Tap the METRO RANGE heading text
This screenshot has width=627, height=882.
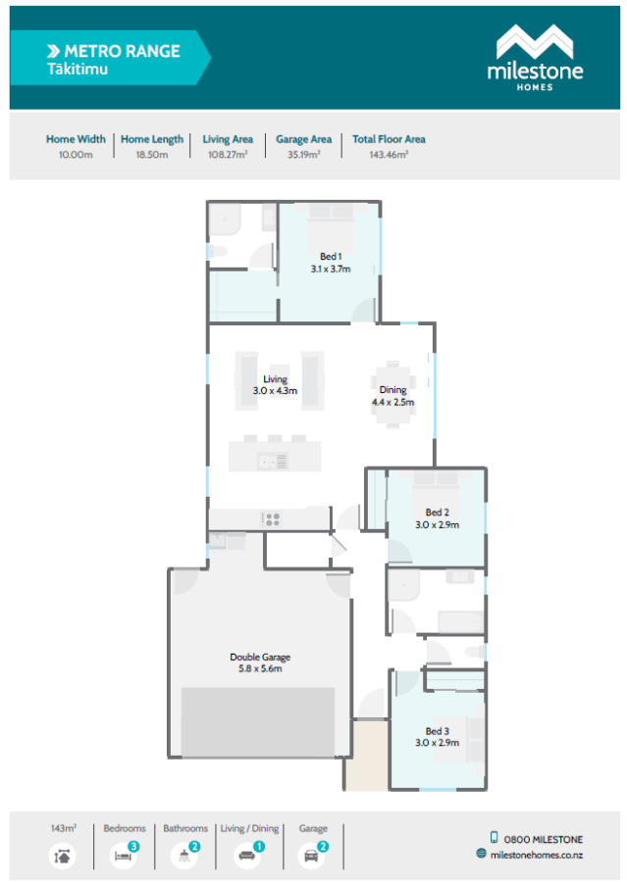tap(122, 51)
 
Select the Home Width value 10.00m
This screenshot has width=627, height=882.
tap(76, 155)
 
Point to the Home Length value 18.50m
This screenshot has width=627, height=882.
tap(151, 155)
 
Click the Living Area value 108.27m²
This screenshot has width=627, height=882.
tap(228, 155)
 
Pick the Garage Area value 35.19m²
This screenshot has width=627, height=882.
tap(303, 155)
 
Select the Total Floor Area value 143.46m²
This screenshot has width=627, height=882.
tap(389, 155)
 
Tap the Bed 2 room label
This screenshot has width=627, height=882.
tap(437, 518)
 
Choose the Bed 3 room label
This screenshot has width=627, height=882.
tap(437, 737)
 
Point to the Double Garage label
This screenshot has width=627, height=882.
tap(260, 662)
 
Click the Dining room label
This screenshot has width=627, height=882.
tap(392, 395)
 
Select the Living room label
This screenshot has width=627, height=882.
tap(275, 384)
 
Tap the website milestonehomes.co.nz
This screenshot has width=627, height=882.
tap(537, 854)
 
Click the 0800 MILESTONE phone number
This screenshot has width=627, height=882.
tap(543, 838)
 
